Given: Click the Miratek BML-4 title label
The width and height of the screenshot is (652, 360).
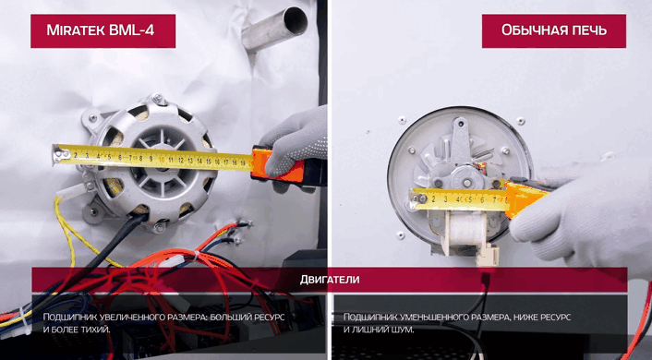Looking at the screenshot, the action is click(x=103, y=30).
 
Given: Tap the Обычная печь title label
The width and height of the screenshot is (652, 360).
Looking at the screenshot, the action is click(x=554, y=30).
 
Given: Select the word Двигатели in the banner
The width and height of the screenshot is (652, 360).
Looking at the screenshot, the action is click(x=330, y=280).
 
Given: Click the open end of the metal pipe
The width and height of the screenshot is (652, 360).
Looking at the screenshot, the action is click(x=296, y=21).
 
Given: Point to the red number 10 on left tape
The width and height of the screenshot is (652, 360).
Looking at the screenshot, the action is click(x=162, y=160).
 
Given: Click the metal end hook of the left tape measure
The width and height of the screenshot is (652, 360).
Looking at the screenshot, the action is click(x=59, y=154).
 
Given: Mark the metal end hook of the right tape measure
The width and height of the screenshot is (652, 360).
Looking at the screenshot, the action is click(x=417, y=198).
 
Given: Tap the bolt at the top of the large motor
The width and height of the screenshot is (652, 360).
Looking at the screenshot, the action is click(x=157, y=99).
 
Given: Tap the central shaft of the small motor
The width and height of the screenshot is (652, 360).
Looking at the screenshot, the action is click(x=467, y=183).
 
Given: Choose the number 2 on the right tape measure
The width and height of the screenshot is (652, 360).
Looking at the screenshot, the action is click(x=433, y=199).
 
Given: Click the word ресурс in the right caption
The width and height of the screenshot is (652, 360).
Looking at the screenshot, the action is click(x=555, y=318).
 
